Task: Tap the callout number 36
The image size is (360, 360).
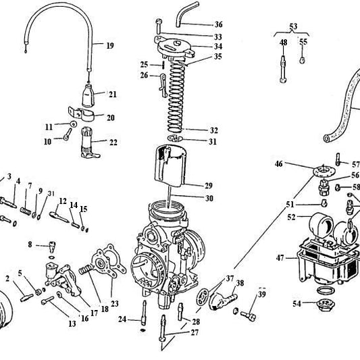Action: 218,24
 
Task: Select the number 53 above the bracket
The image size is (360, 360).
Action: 292,26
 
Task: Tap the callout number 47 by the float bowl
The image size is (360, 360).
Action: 280,257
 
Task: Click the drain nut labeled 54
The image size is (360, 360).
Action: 325,305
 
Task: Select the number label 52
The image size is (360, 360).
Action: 291,217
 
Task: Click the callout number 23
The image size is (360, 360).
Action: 114,303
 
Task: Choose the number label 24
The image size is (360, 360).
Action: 122,318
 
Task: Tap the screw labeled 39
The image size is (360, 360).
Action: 248,314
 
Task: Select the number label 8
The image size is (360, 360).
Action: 30,244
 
